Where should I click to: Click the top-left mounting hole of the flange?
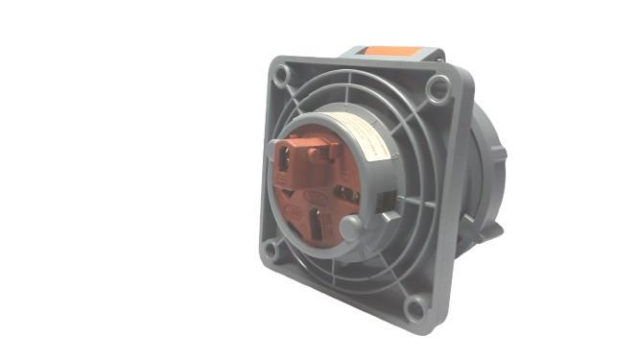280,73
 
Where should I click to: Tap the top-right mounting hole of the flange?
438,91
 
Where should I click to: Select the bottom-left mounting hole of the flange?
272,252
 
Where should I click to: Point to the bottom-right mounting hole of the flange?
415,307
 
